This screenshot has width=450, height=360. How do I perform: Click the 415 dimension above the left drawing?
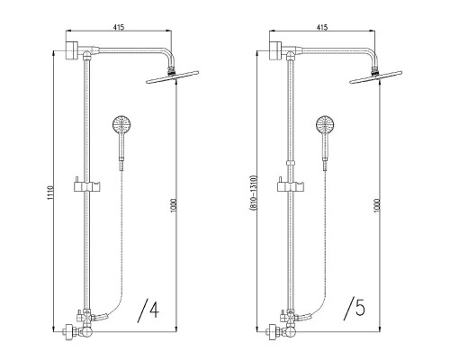(x=119, y=27)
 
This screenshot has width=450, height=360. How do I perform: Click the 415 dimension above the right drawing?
(x=322, y=27)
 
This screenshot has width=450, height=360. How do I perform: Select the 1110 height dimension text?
(x=50, y=193)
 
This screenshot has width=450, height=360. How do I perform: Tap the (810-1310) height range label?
(x=254, y=193)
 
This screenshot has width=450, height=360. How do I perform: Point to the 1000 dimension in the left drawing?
(x=174, y=205)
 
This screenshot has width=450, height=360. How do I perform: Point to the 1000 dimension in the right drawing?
(x=377, y=205)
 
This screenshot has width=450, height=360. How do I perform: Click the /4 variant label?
(x=148, y=310)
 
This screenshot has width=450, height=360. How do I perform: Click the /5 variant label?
(x=355, y=309)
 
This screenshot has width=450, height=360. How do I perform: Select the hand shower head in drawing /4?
(x=121, y=125)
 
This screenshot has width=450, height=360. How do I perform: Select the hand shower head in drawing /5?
(x=325, y=125)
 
